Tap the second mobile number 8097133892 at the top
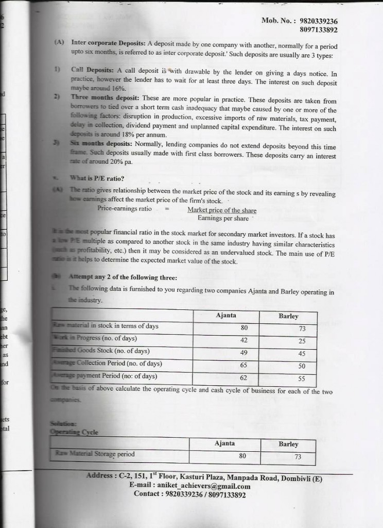point(318,29)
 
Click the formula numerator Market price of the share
point(221,210)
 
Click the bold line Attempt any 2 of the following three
point(123,277)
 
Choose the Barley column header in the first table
point(288,316)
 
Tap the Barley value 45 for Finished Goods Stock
point(302,354)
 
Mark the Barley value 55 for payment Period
point(302,378)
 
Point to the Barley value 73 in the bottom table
point(298,456)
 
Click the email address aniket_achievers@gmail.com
point(205,486)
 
